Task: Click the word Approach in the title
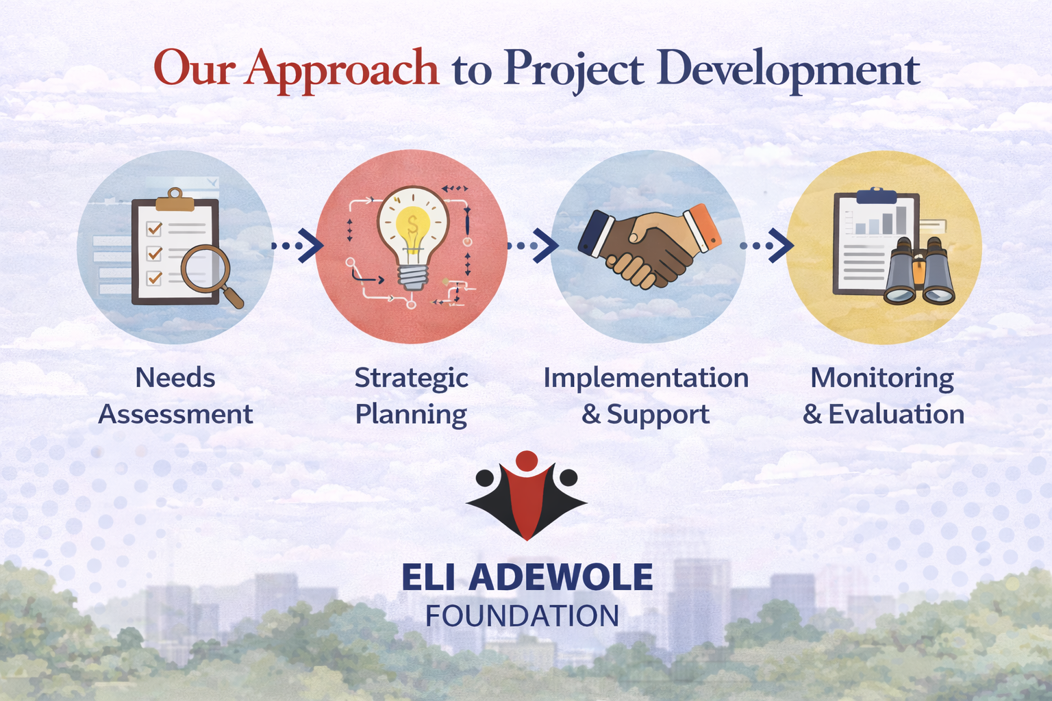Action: point(343,71)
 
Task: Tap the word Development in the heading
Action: point(788,71)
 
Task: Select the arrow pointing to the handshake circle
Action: point(533,245)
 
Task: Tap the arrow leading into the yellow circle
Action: point(766,245)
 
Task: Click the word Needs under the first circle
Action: point(175,378)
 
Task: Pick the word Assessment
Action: point(175,414)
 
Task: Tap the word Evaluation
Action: point(896,414)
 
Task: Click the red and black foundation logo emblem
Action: point(527,496)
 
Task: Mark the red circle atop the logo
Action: point(527,461)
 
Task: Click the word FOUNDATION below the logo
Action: point(522,615)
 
